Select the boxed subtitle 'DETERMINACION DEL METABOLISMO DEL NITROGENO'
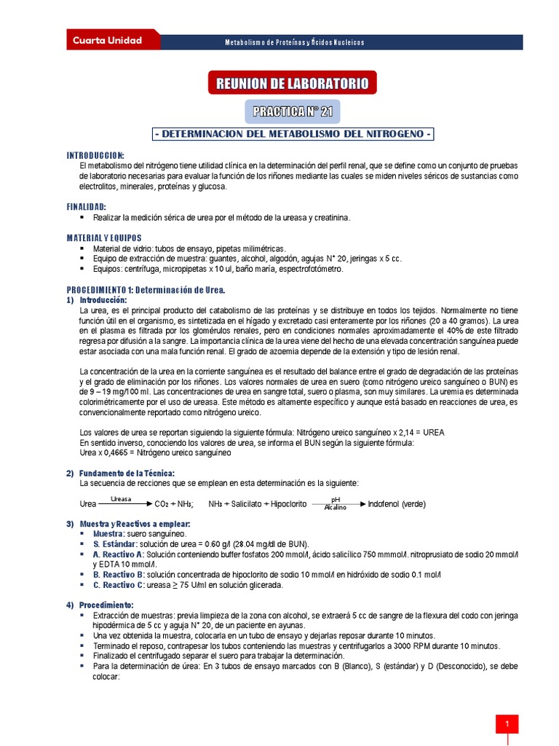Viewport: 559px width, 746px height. (x=293, y=135)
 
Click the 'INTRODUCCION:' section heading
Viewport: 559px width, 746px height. (x=95, y=156)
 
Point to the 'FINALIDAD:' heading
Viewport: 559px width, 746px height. (x=87, y=207)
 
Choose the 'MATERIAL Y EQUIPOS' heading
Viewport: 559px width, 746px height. (x=104, y=238)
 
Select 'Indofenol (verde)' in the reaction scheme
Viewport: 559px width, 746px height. (x=397, y=504)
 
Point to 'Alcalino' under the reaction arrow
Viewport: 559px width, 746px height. (x=335, y=508)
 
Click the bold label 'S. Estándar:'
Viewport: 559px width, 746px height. (x=116, y=544)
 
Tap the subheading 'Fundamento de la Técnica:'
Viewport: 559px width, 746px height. (x=127, y=473)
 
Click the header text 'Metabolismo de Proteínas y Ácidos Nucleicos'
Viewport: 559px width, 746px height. (x=294, y=42)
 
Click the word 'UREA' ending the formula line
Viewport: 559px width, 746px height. (x=429, y=432)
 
